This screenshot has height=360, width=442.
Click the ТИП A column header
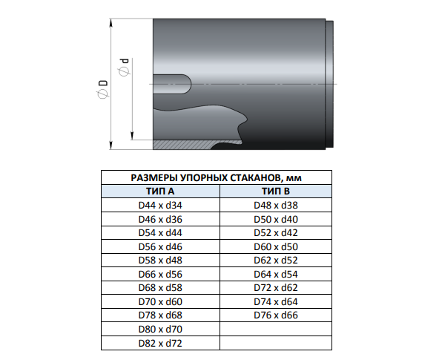160,192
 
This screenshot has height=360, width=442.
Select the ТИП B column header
276,192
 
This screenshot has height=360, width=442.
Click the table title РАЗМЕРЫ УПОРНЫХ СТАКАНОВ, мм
217,177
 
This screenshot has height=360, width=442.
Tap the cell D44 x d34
160,205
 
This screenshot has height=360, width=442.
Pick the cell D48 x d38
276,205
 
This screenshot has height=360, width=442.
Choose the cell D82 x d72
160,343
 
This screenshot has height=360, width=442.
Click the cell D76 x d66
276,315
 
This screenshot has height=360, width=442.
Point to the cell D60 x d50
276,246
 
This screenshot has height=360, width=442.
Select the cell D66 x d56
160,274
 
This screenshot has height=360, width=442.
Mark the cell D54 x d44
160,233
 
